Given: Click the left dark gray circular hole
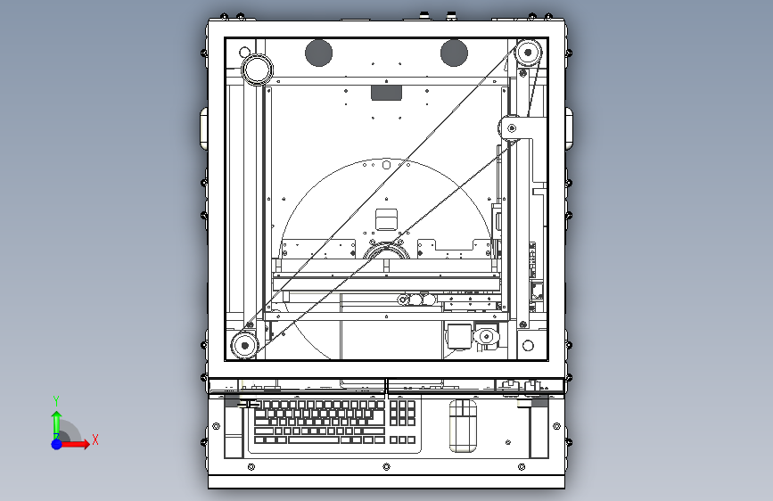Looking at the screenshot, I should click(319, 53).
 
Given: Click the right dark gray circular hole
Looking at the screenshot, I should click(454, 53).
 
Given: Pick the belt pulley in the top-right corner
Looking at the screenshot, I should click(527, 52).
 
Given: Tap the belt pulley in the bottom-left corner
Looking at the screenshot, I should click(243, 344).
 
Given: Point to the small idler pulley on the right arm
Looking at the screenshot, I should click(511, 128).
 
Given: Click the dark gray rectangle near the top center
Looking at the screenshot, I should click(386, 91).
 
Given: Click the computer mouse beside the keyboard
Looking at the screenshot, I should click(463, 424).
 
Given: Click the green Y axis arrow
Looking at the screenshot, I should click(56, 421).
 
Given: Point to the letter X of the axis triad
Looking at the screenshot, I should click(95, 439).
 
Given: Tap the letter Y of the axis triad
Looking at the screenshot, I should click(55, 400).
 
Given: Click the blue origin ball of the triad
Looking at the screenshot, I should click(56, 443).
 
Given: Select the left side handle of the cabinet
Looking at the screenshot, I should click(203, 127).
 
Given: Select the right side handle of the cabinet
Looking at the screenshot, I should click(569, 129).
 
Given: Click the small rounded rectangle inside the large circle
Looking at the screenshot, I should click(386, 218).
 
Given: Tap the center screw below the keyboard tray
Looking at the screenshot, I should click(385, 466).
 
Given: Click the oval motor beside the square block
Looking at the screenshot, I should click(487, 336).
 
